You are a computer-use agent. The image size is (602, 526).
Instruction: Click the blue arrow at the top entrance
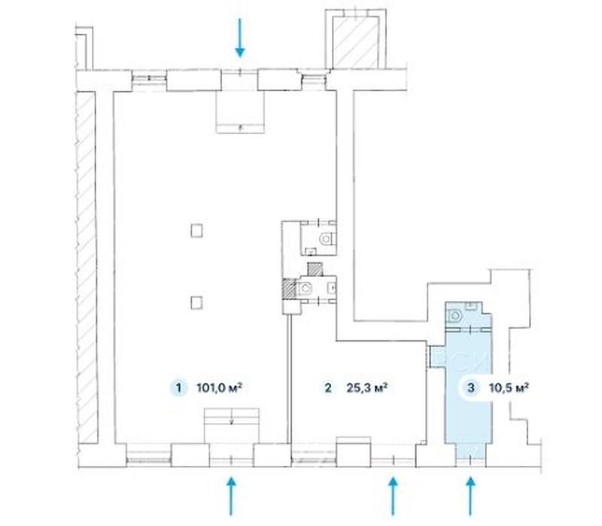click(240, 38)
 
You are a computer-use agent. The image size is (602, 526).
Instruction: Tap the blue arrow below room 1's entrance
click(231, 496)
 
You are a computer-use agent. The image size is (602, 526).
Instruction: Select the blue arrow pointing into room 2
click(392, 496)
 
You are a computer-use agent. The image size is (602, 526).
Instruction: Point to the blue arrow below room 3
click(471, 496)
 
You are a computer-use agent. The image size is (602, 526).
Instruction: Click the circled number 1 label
click(178, 388)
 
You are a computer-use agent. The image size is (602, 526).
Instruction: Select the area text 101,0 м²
click(219, 388)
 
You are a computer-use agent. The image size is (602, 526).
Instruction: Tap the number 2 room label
click(328, 388)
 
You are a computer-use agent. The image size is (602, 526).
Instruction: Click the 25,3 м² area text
click(366, 388)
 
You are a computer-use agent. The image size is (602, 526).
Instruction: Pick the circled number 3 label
click(471, 388)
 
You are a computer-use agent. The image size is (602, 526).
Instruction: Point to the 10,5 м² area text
click(509, 388)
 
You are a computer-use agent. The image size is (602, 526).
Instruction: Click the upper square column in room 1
click(196, 231)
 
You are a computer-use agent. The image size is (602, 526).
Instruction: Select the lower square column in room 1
click(196, 303)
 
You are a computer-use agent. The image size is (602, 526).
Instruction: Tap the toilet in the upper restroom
click(327, 239)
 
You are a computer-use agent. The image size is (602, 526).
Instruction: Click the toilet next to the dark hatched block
click(306, 288)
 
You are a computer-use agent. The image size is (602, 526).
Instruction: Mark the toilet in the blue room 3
click(455, 316)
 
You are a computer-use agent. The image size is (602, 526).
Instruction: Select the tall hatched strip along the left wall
click(86, 267)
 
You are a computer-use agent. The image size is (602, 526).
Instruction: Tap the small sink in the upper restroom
click(311, 251)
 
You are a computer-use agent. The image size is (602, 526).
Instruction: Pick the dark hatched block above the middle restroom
click(315, 269)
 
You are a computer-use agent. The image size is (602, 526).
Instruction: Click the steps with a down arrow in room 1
click(232, 426)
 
